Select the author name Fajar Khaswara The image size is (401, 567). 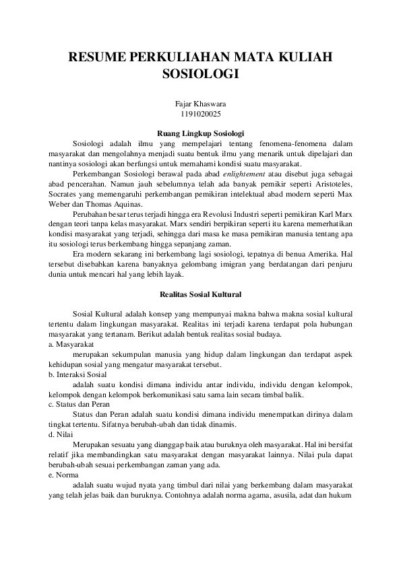(x=200, y=104)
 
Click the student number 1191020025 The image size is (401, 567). (x=200, y=114)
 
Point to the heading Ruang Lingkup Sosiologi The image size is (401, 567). (x=200, y=133)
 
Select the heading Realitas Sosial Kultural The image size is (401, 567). (x=200, y=294)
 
